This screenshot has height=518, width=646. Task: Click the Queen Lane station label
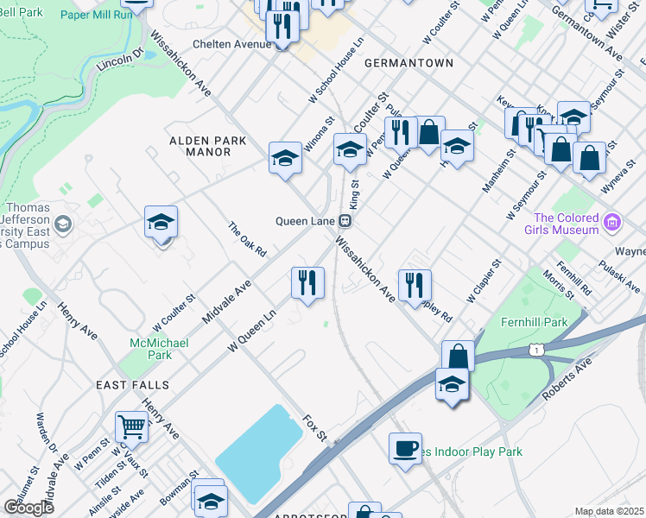tap(304, 220)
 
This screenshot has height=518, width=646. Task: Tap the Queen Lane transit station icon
tap(344, 220)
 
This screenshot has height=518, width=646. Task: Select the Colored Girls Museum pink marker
tap(612, 224)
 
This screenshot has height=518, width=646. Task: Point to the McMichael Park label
tap(149, 347)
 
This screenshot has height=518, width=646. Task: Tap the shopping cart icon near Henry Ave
tap(131, 426)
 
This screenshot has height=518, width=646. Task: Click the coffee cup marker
tap(405, 448)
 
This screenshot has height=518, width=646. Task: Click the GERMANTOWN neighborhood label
tap(408, 63)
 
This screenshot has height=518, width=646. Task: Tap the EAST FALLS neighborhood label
tap(132, 384)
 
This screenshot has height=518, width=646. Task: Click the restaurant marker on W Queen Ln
tap(307, 281)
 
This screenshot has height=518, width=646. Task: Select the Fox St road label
tap(315, 427)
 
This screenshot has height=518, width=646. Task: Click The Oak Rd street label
tap(247, 240)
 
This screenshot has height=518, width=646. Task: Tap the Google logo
tap(28, 508)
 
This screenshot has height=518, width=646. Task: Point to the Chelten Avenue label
tap(231, 44)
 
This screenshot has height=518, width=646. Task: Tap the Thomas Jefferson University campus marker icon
tap(62, 225)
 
